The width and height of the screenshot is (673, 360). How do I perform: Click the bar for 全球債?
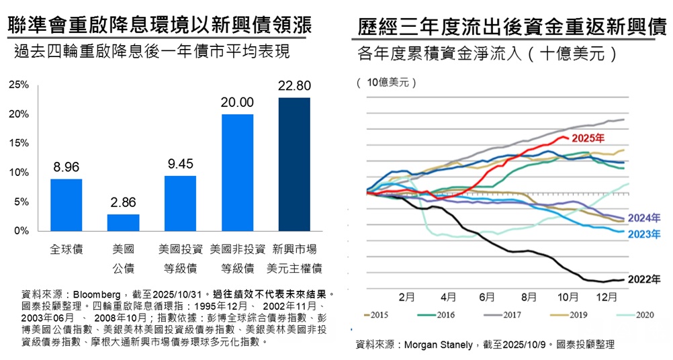[66, 204]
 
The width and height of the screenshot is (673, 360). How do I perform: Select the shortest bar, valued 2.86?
[124, 222]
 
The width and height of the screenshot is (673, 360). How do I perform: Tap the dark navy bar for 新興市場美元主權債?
[294, 164]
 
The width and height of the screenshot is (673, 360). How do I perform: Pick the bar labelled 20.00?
[237, 172]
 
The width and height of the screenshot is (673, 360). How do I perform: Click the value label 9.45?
[180, 163]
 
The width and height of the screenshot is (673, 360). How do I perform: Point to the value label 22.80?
[294, 85]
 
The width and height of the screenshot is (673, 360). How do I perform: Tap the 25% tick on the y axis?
[19, 85]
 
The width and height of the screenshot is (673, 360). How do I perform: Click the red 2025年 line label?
[586, 138]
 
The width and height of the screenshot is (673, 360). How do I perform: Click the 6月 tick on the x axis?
[488, 296]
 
